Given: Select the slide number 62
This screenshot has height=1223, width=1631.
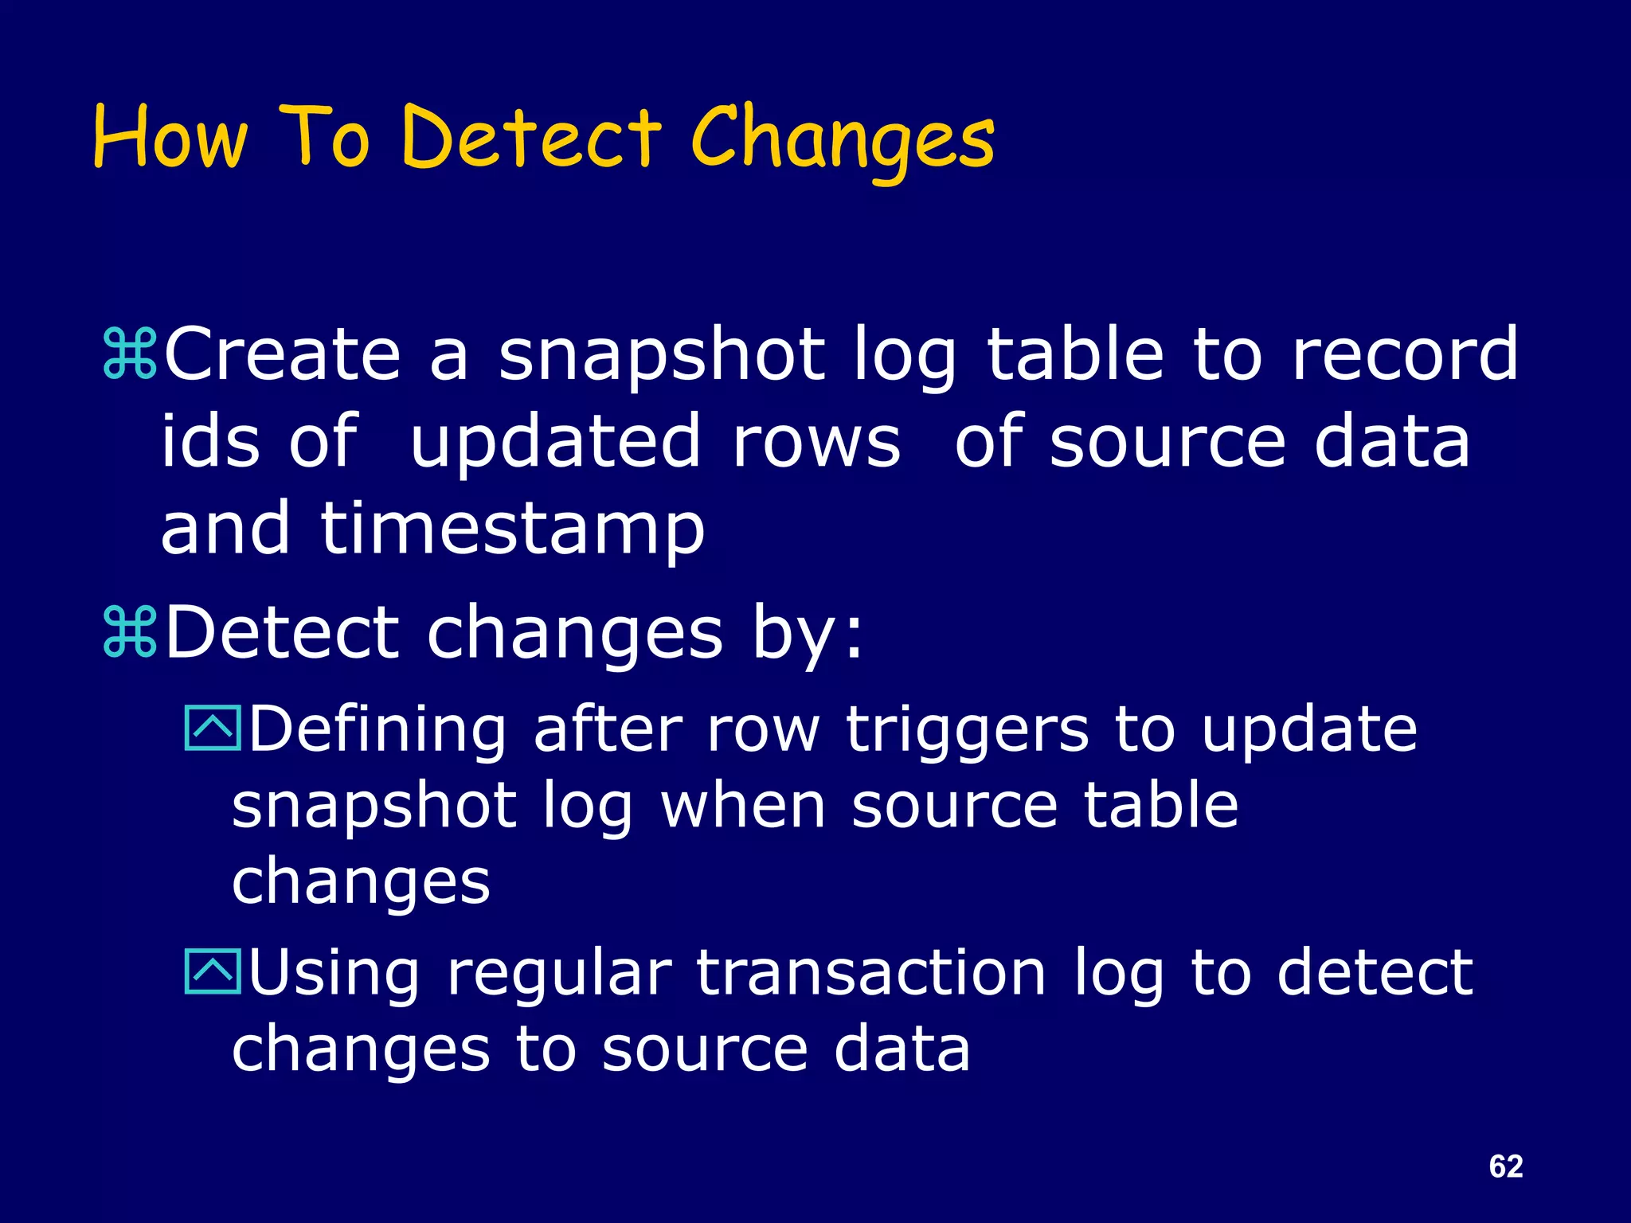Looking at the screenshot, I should coord(1505,1166).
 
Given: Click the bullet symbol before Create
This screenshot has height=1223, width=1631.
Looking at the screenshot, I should coord(130,355).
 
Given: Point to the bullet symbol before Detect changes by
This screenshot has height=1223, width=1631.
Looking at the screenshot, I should coord(130,634).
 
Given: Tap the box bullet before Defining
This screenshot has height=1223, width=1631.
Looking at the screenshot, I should coord(213,729).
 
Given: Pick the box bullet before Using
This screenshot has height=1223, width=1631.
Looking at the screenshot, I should coord(213,972).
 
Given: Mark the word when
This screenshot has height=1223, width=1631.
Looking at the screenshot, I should coord(742,807).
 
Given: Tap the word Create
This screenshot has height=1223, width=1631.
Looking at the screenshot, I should coord(282,354).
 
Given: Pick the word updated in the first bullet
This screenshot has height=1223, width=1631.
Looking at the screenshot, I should coord(555,443).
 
